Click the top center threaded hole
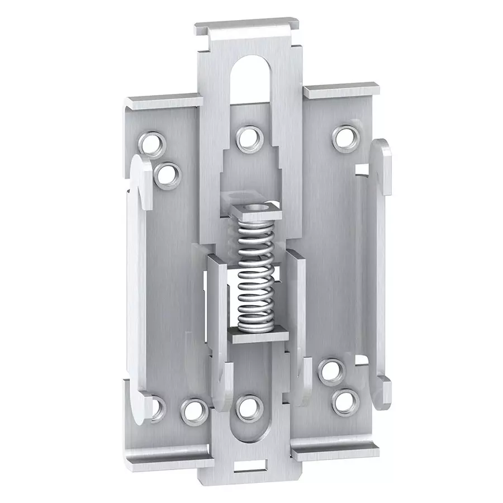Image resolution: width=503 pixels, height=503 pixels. coord(246,139)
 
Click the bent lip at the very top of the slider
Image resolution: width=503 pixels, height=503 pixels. coord(249,29)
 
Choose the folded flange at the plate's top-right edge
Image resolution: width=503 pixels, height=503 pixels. coord(341,89)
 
